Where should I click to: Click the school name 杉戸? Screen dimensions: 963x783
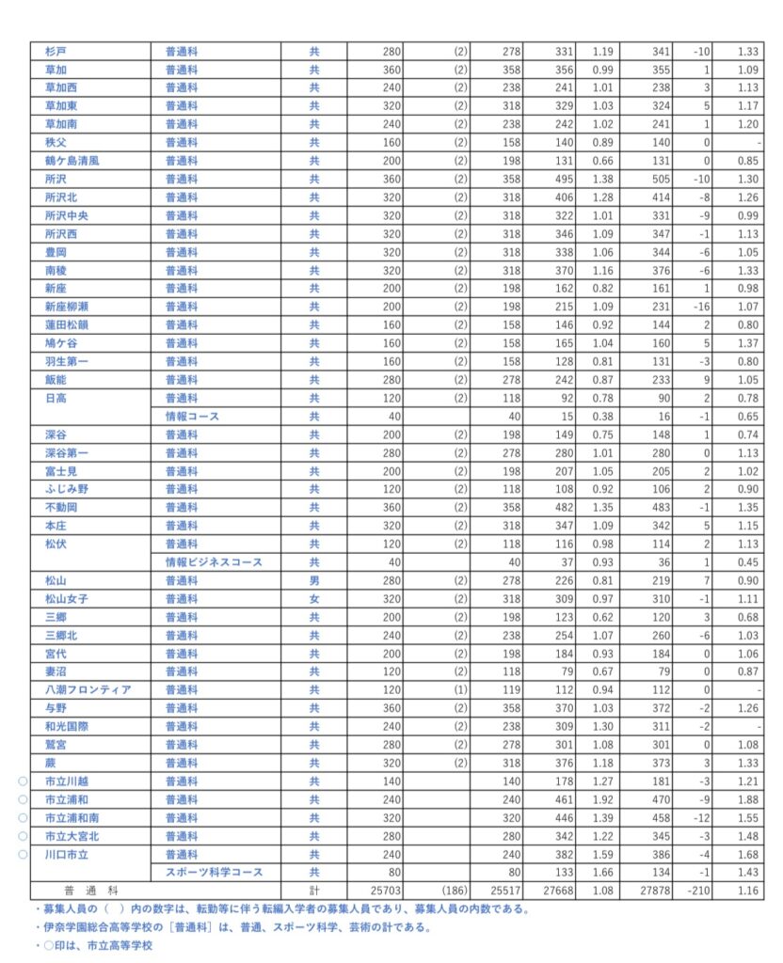click(55, 51)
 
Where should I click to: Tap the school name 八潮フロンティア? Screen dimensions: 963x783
click(87, 689)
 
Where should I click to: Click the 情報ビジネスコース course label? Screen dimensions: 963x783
click(214, 561)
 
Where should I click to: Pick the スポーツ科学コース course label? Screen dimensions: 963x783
click(214, 873)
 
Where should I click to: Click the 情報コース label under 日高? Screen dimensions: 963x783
click(193, 416)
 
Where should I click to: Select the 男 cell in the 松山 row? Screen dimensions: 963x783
click(314, 580)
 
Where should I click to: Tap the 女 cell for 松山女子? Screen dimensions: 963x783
click(314, 598)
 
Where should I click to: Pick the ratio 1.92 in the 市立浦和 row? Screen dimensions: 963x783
click(601, 799)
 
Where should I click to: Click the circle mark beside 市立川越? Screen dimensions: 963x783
click(24, 781)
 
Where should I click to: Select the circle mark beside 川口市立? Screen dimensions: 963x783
click(24, 854)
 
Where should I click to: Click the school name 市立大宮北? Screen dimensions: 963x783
click(72, 836)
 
